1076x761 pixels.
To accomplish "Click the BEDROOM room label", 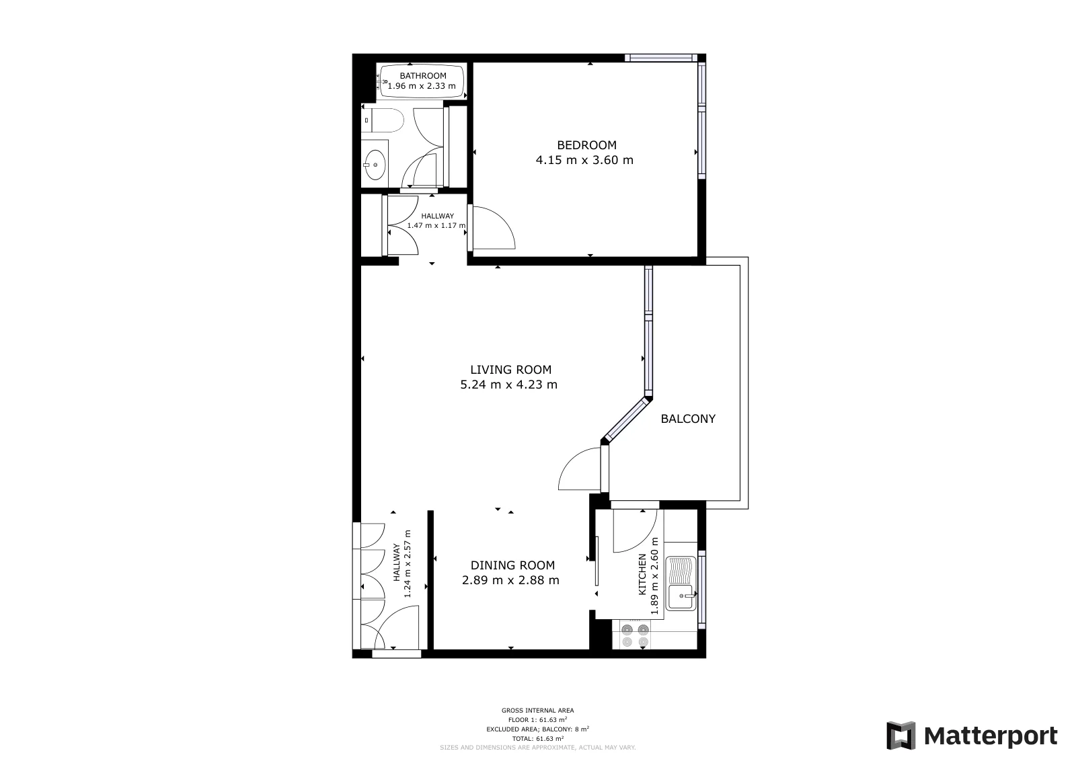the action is (x=586, y=145).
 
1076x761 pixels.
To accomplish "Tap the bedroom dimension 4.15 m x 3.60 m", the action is (x=584, y=160).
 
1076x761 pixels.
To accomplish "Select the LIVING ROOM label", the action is (x=510, y=370).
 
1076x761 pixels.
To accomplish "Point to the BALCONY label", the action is (x=688, y=419).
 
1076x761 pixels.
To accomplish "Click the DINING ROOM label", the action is (x=512, y=565).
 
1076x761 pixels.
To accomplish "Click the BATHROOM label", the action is (x=423, y=76).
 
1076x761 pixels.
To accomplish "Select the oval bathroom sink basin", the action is (x=375, y=165).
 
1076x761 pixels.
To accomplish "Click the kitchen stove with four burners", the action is (x=635, y=635).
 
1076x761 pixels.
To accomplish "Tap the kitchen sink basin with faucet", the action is (x=681, y=597).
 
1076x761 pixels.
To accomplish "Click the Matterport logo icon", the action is (x=900, y=735).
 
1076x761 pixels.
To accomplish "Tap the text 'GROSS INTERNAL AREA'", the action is (x=537, y=711).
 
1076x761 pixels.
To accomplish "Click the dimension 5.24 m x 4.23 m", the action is (x=508, y=385).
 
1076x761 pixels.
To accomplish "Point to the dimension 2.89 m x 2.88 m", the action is (x=510, y=580).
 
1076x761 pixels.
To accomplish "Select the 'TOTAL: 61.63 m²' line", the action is (x=537, y=738).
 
